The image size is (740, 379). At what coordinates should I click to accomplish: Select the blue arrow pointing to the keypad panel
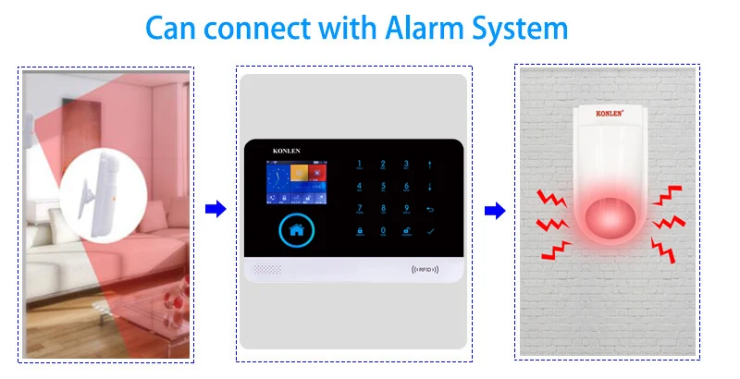click(215, 211)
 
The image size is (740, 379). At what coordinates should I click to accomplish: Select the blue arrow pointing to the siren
click(496, 211)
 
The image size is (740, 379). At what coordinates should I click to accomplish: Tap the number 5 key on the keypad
click(381, 187)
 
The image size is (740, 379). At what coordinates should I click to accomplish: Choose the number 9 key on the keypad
click(406, 209)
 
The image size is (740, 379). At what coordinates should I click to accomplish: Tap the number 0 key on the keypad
click(381, 230)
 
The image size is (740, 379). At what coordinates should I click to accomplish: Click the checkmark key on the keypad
click(429, 230)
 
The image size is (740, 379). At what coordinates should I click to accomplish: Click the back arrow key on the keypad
click(429, 209)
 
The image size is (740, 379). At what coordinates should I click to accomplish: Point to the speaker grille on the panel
click(267, 271)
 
